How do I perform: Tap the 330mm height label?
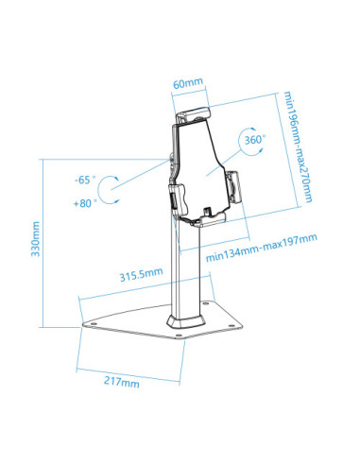tap(35, 240)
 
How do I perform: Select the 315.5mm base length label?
tap(140, 274)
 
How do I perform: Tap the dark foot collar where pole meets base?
tap(182, 327)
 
